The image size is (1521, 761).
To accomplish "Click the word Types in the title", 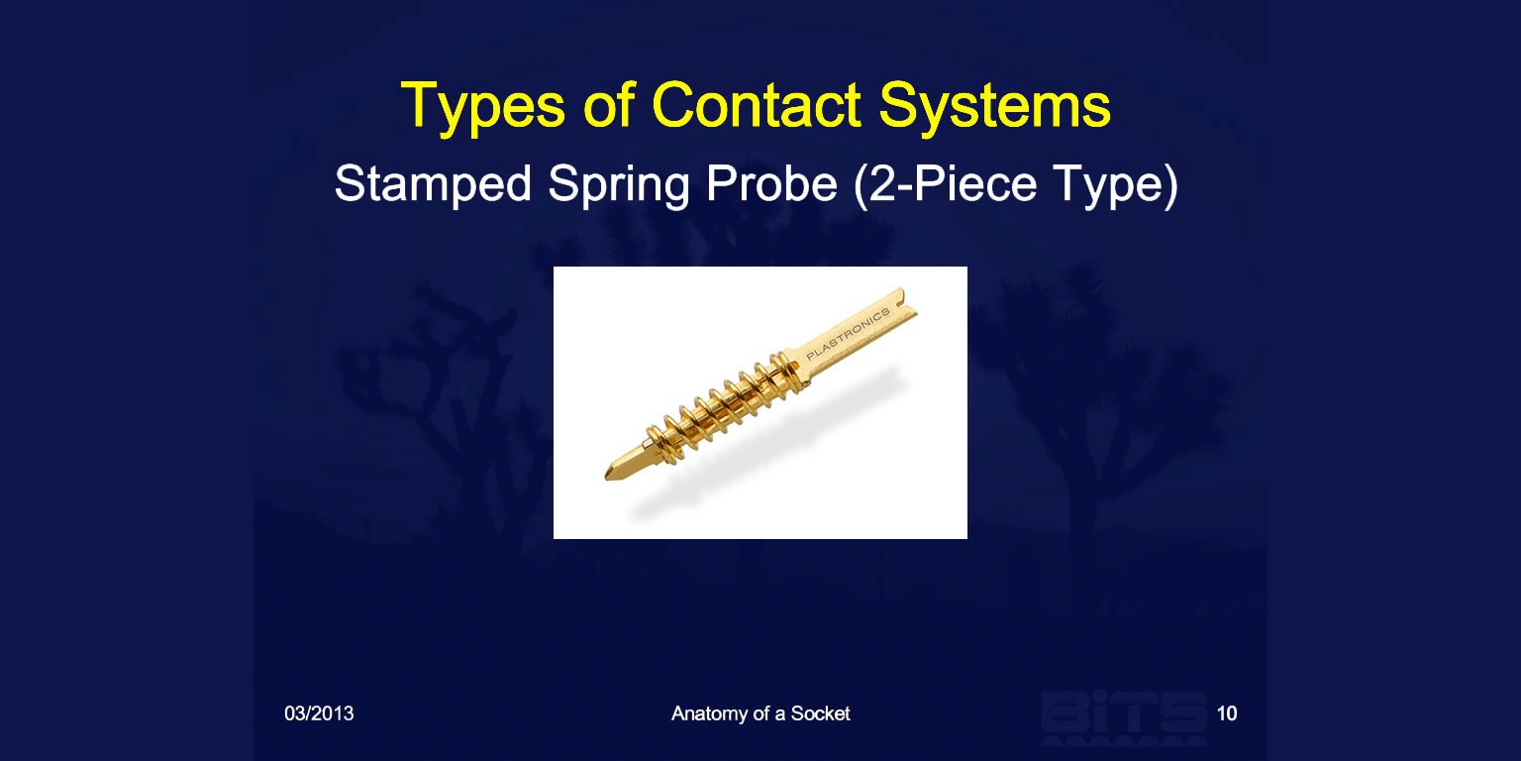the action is (483, 107).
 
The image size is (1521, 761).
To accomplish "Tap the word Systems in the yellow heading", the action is (995, 107).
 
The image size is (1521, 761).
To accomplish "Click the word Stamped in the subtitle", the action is (433, 183).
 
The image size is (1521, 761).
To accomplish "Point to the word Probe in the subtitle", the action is (771, 183).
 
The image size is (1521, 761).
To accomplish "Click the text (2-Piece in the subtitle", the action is (946, 185).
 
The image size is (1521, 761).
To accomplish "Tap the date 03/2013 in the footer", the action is (319, 713).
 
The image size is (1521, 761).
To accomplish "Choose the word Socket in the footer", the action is (820, 713).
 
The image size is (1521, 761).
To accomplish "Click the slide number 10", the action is (1226, 713).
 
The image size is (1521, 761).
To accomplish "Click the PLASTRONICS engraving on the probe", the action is (848, 334).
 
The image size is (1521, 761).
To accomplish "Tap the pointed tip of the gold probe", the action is (606, 475).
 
